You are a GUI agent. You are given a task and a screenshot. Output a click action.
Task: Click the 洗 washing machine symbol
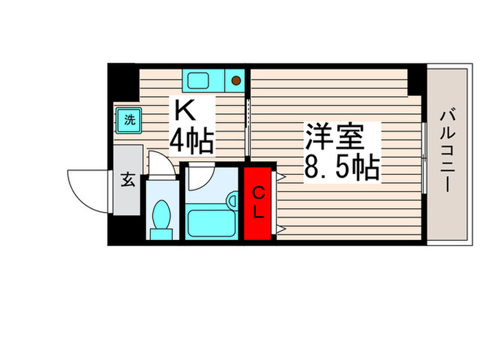[x=128, y=120]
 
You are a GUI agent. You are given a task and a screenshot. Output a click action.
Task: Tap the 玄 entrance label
[x=128, y=181]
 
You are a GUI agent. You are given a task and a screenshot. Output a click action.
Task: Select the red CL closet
[x=259, y=202]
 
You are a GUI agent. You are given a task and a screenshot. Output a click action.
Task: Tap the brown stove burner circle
[x=235, y=80]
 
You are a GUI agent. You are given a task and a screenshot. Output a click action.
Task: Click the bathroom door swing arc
[x=200, y=176]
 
